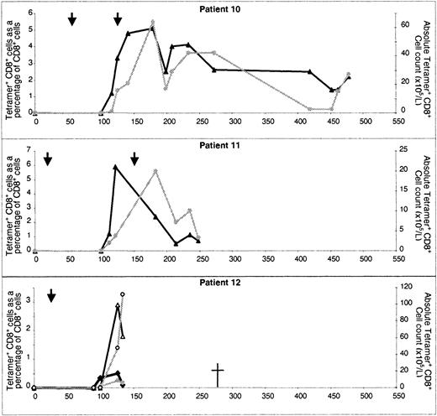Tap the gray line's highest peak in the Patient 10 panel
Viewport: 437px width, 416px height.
(152, 22)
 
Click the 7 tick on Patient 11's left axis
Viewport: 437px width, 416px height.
(28, 151)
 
